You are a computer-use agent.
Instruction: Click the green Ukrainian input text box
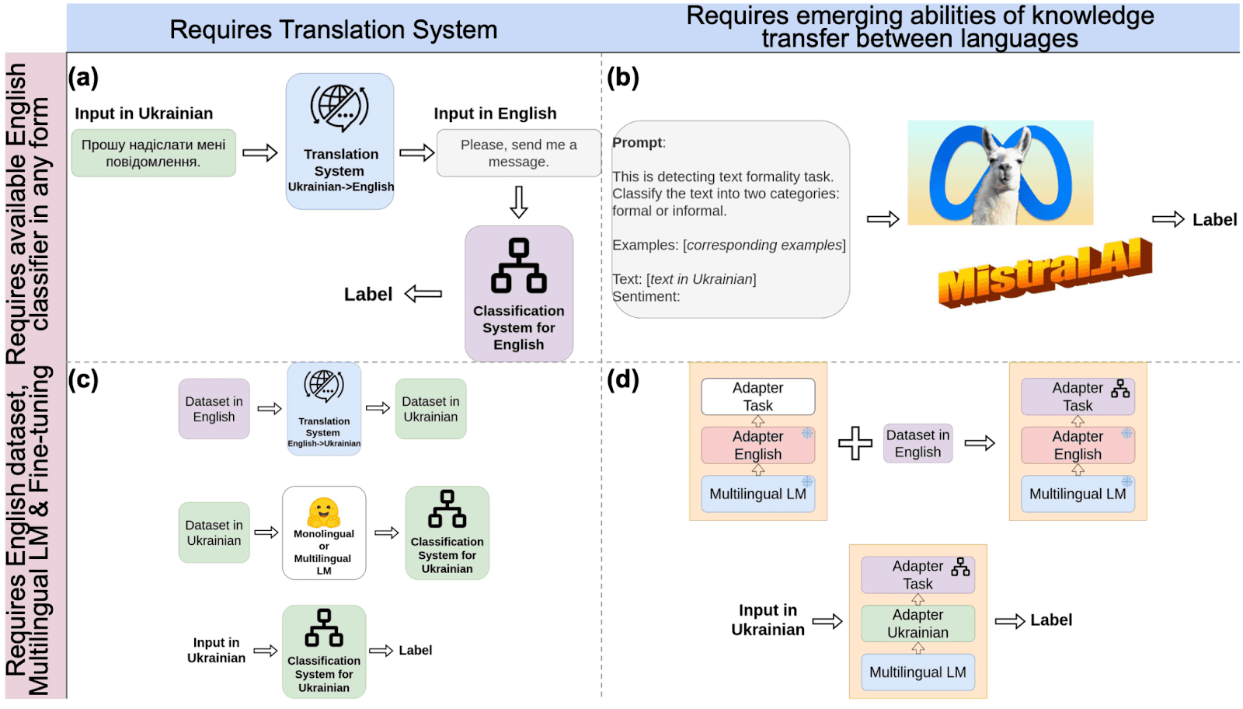click(x=154, y=153)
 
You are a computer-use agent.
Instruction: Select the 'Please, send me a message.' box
click(x=519, y=153)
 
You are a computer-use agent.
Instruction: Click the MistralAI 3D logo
click(x=1045, y=273)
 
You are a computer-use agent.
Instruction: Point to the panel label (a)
click(x=83, y=77)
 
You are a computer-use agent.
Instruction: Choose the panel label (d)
click(x=622, y=379)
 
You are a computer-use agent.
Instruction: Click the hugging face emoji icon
click(x=323, y=512)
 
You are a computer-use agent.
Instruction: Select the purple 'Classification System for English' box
click(x=519, y=294)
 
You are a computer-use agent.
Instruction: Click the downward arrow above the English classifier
click(x=519, y=202)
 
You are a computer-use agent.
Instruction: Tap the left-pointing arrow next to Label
click(x=423, y=294)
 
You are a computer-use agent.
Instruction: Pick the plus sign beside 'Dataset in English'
click(x=855, y=443)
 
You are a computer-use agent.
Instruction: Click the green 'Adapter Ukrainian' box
click(x=917, y=623)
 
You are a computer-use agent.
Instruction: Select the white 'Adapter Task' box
click(x=758, y=396)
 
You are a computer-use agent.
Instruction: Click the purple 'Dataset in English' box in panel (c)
click(x=214, y=409)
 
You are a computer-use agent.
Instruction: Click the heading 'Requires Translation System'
click(x=333, y=30)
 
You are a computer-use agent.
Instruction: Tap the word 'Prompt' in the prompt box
click(x=637, y=143)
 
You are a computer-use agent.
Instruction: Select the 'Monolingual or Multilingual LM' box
click(x=324, y=533)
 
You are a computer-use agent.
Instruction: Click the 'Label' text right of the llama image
click(x=1215, y=220)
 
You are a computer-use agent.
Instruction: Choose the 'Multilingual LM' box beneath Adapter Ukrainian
click(x=917, y=672)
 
